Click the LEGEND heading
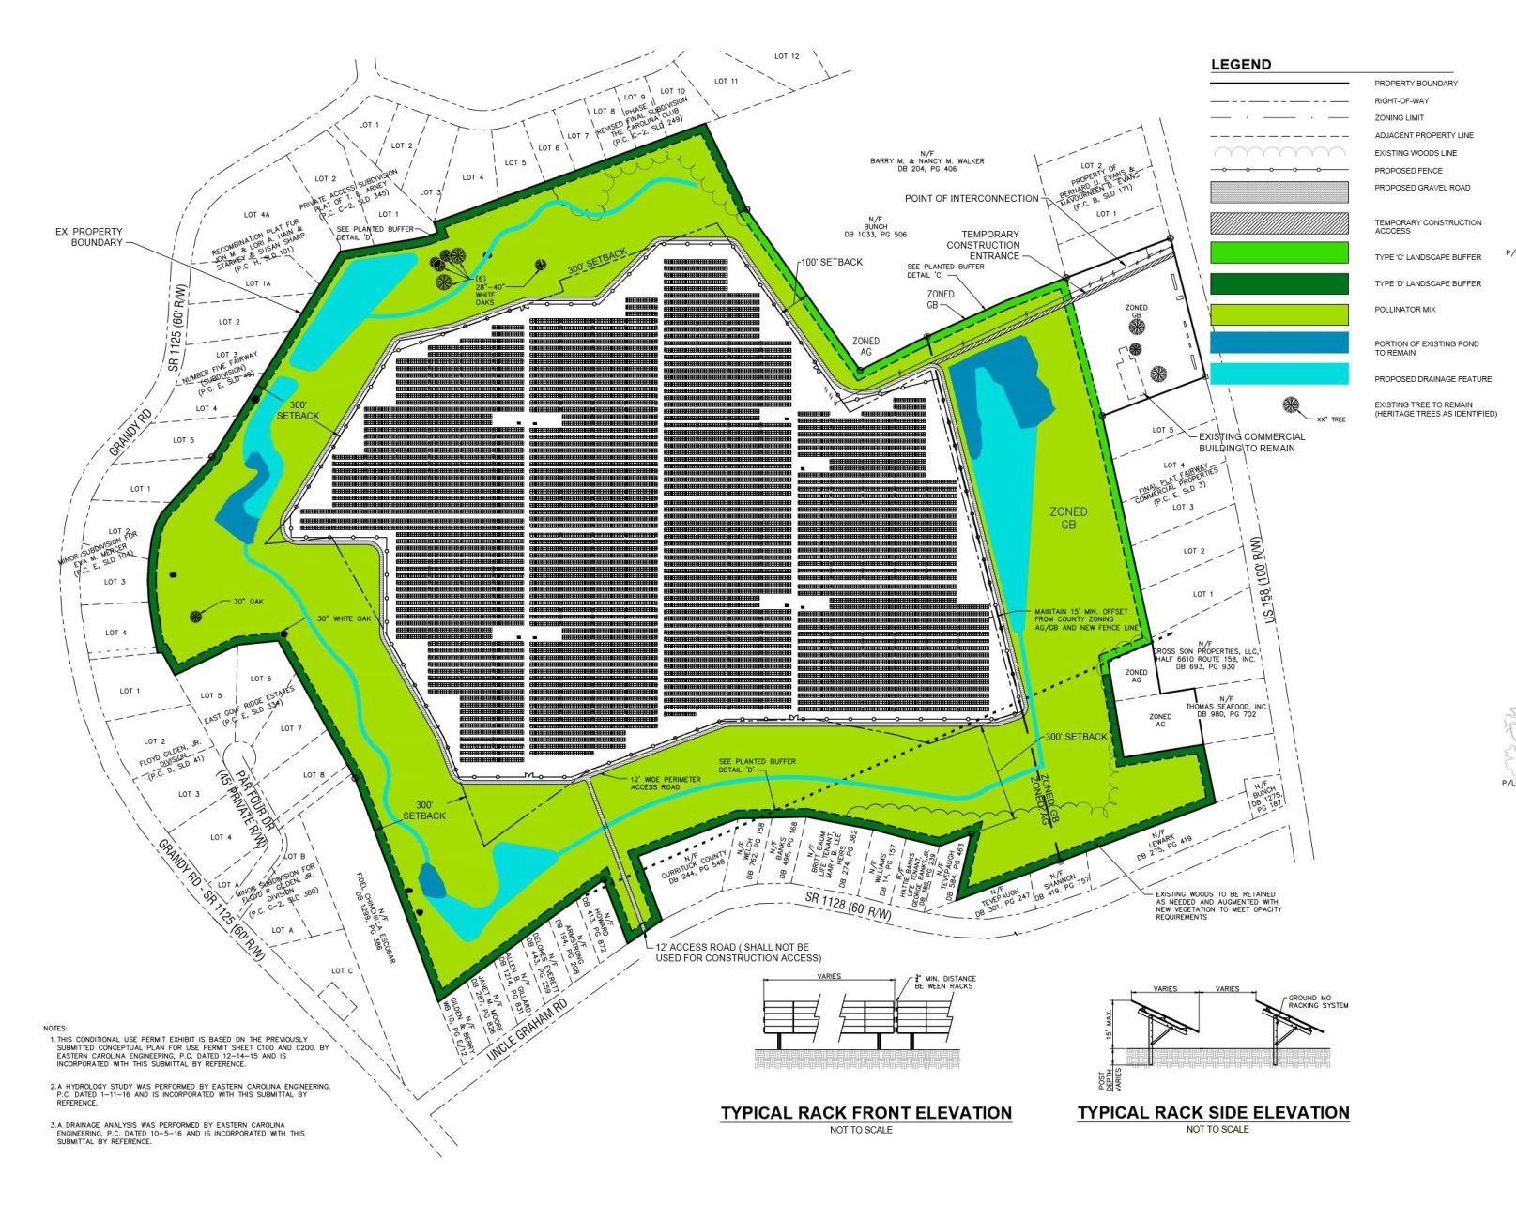(1241, 65)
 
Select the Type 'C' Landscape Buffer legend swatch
(1279, 252)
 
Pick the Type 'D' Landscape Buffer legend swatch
(1279, 283)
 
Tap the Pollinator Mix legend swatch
(1279, 313)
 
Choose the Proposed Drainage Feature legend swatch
(1279, 374)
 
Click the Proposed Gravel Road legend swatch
(1279, 191)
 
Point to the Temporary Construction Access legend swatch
(1279, 223)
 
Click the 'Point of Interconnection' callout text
(972, 199)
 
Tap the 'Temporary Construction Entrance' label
(983, 245)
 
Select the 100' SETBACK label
(831, 263)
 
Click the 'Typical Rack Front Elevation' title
(865, 1113)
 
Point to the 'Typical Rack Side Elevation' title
(1213, 1113)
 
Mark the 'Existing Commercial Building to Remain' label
(1251, 442)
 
